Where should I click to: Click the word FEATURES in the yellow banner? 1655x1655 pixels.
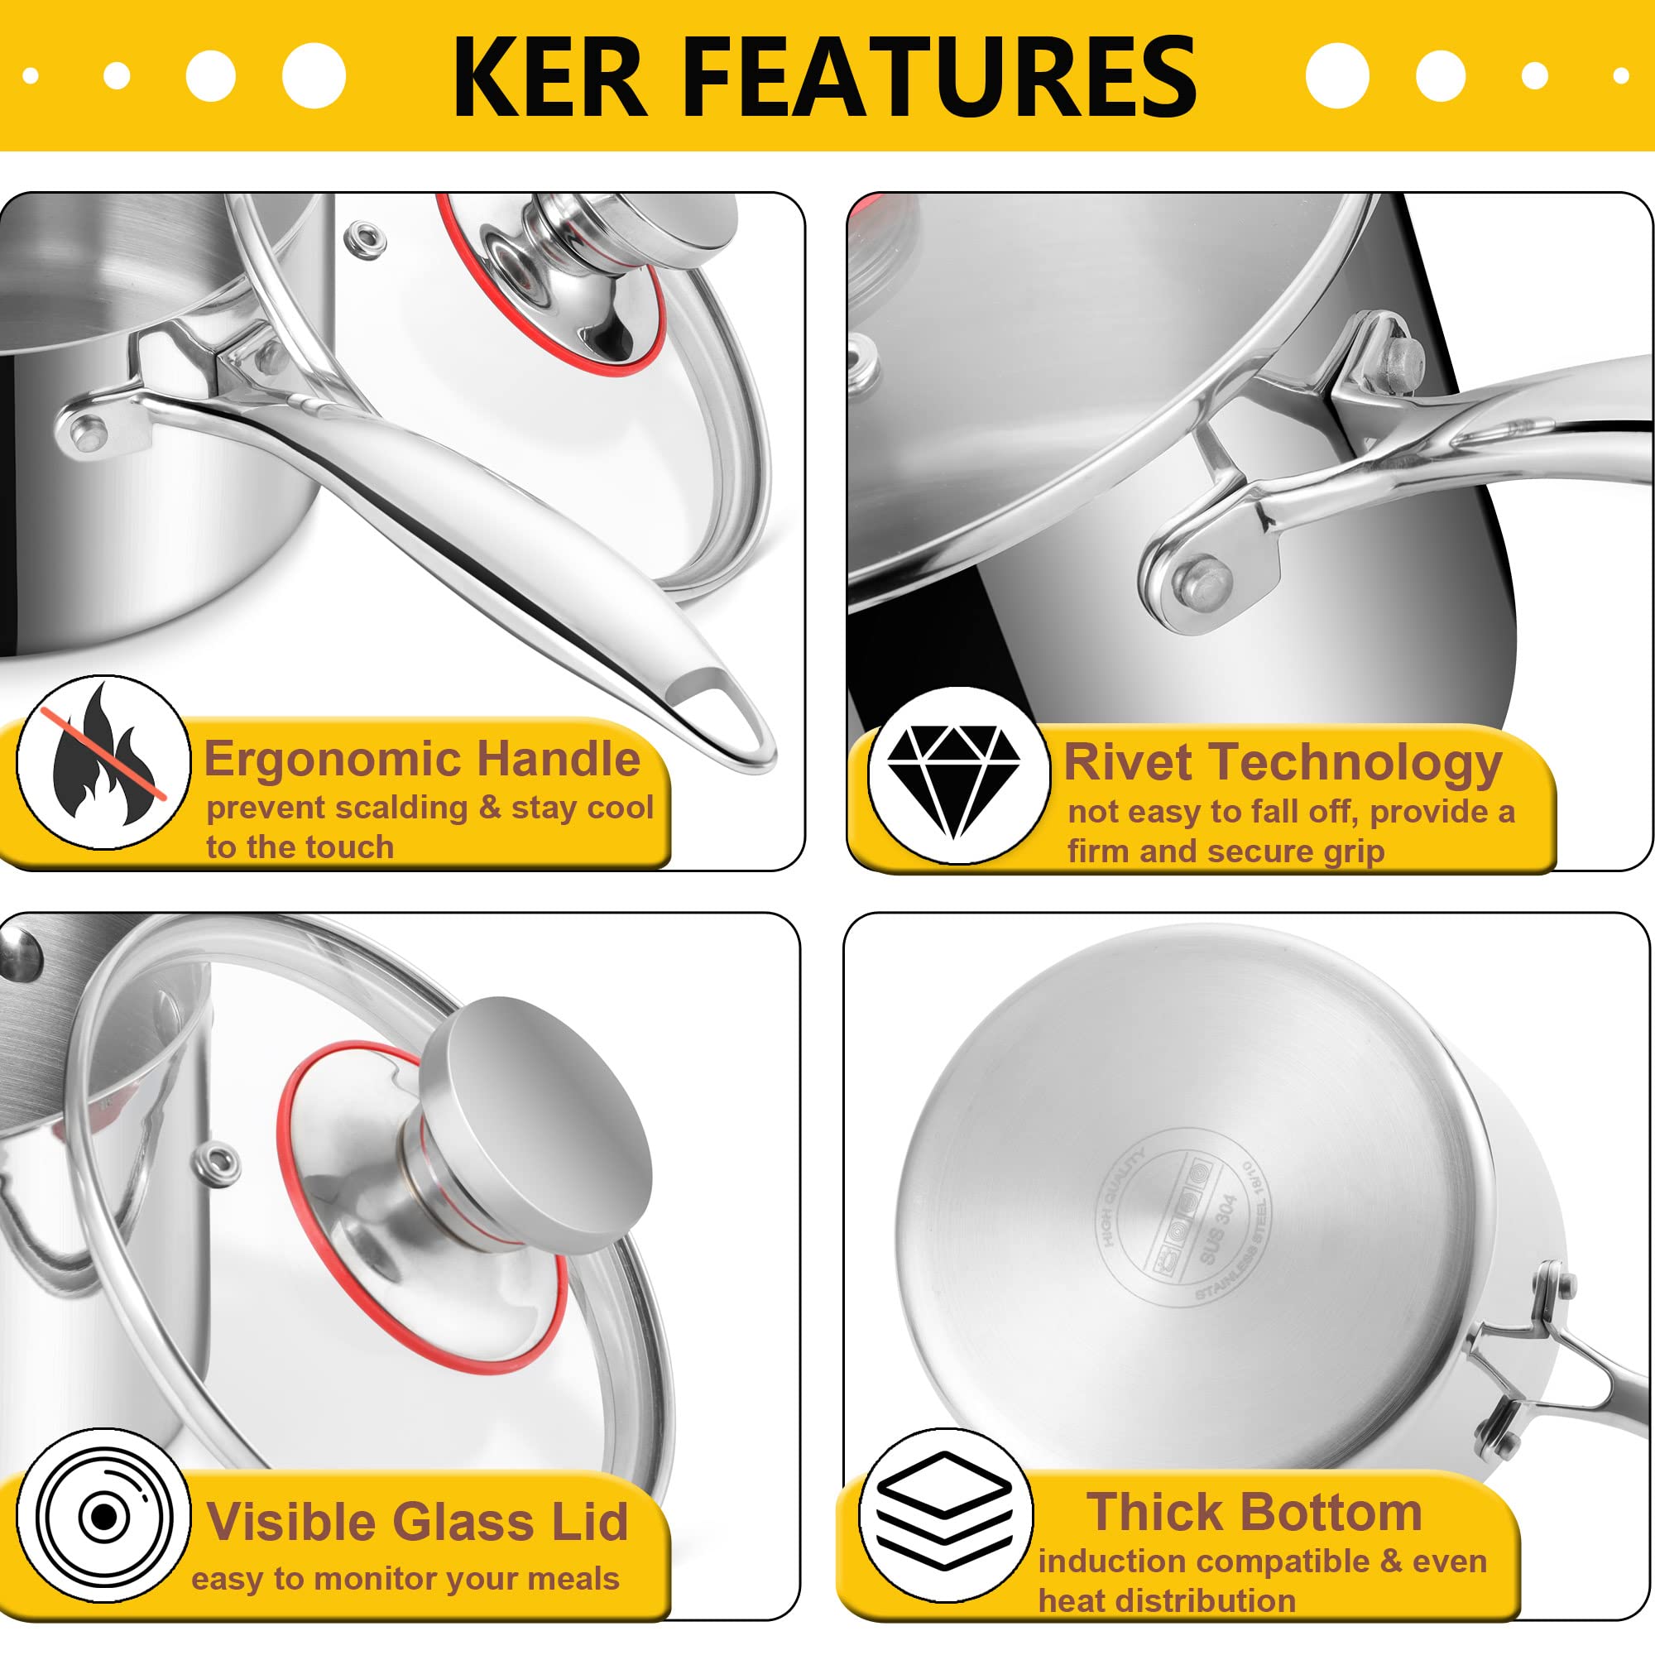coord(941,77)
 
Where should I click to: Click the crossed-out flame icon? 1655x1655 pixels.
coord(104,761)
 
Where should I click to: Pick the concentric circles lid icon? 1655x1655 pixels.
coord(103,1516)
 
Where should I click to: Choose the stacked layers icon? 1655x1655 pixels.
coord(945,1513)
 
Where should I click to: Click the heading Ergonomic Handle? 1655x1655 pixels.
coord(421,759)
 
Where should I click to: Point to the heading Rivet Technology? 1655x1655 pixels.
coord(1283,763)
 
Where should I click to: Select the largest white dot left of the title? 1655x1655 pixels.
coord(314,76)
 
